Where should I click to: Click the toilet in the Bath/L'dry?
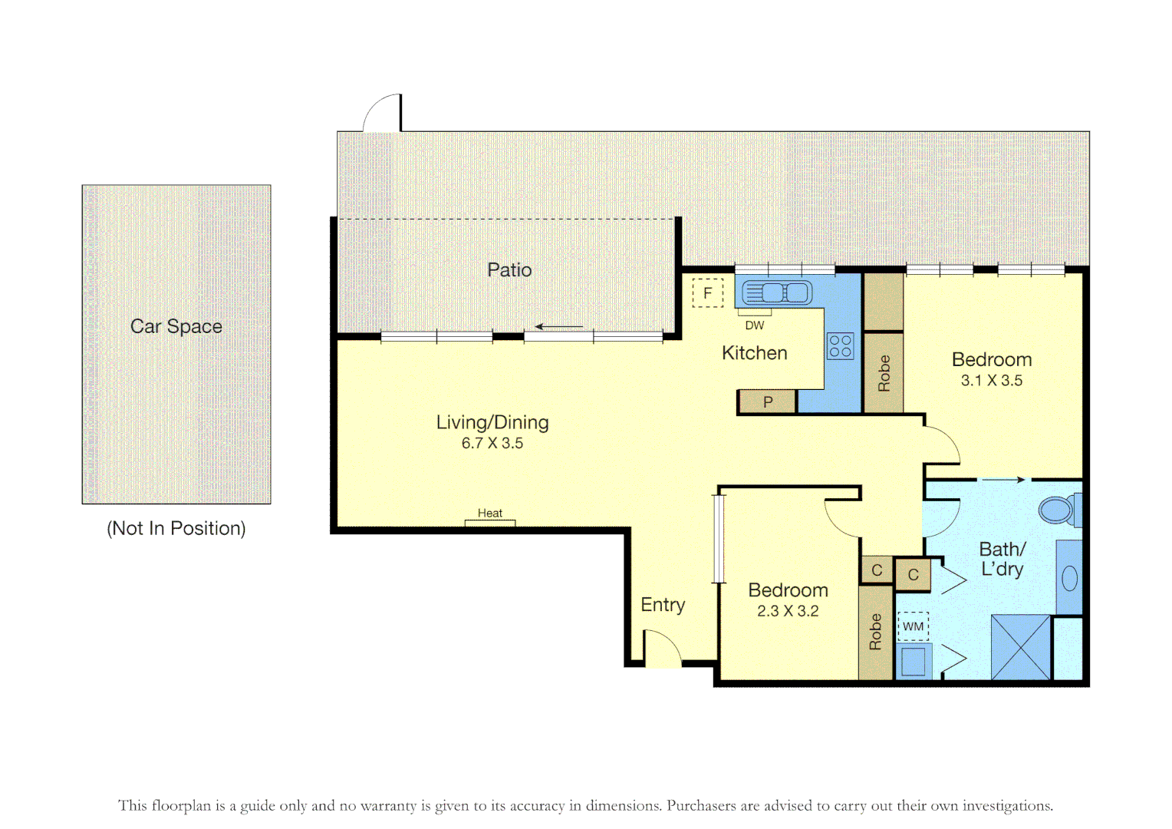click(x=1059, y=510)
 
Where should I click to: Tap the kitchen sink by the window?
click(x=777, y=292)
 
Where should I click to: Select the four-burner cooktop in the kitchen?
click(x=841, y=346)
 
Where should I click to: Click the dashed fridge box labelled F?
click(x=707, y=292)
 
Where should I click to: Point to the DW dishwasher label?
click(x=755, y=325)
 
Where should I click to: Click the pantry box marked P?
click(x=767, y=402)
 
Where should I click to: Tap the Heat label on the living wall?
click(x=489, y=514)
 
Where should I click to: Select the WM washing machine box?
click(x=913, y=626)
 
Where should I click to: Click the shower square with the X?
click(x=1021, y=648)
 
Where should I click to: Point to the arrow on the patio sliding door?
click(x=559, y=327)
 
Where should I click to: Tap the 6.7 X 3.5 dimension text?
click(x=492, y=444)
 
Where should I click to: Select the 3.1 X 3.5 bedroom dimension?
click(x=992, y=381)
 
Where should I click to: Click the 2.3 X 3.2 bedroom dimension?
click(x=788, y=611)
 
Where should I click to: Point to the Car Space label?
click(x=176, y=326)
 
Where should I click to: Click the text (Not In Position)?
click(x=176, y=528)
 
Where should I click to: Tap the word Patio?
click(x=509, y=269)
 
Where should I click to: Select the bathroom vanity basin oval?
click(x=1070, y=579)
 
